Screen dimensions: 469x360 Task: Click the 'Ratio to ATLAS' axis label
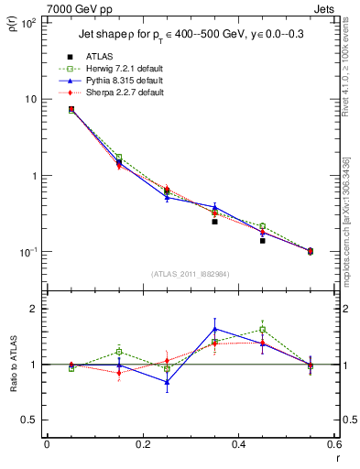tap(13, 365)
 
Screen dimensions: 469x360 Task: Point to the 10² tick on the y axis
tap(29, 23)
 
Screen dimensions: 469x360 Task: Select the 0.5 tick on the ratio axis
tap(32, 420)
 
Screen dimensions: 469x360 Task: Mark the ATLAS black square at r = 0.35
tap(214, 222)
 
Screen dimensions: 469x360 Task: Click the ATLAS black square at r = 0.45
tap(262, 241)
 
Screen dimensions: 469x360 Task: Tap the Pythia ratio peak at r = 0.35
tap(214, 329)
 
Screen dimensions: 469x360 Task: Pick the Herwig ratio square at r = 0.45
tap(262, 330)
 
